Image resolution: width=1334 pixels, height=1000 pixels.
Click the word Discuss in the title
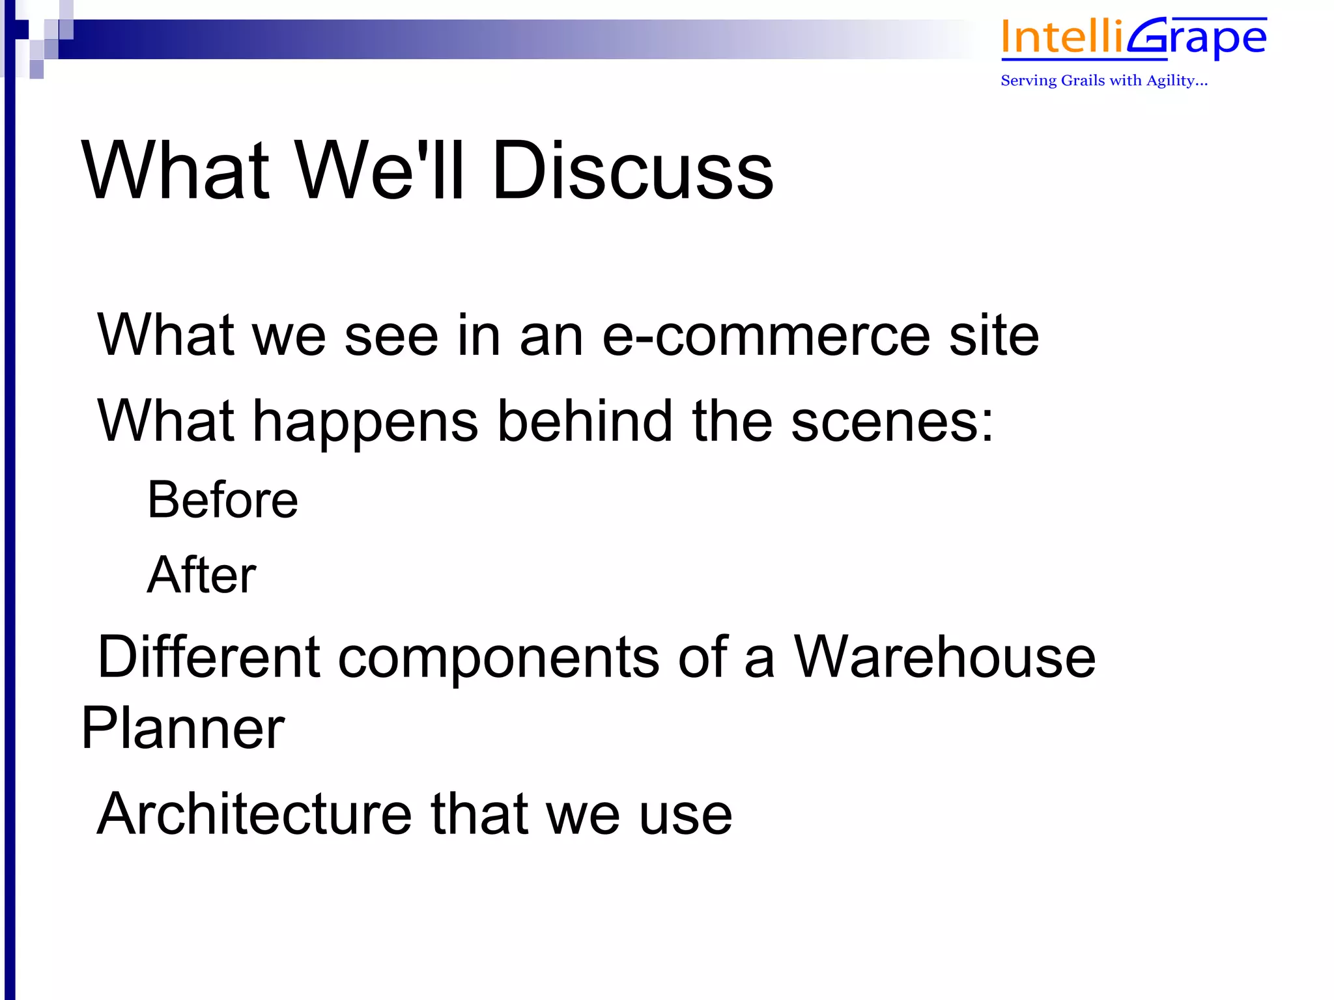(x=632, y=171)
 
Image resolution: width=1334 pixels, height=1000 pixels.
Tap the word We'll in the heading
(x=380, y=171)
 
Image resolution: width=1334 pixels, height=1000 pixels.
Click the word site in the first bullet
(x=994, y=335)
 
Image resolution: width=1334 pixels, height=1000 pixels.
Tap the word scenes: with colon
(x=892, y=423)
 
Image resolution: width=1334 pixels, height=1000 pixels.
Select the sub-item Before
(x=223, y=500)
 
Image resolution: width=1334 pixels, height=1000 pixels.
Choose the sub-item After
(x=202, y=575)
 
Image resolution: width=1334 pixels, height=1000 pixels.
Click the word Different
(x=208, y=658)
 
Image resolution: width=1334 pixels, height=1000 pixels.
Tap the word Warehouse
(x=944, y=658)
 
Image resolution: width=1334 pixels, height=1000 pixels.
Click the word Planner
(x=183, y=729)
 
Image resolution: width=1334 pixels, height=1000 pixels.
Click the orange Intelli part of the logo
(x=1062, y=38)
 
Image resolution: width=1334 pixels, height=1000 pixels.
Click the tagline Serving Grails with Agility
(x=1104, y=81)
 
